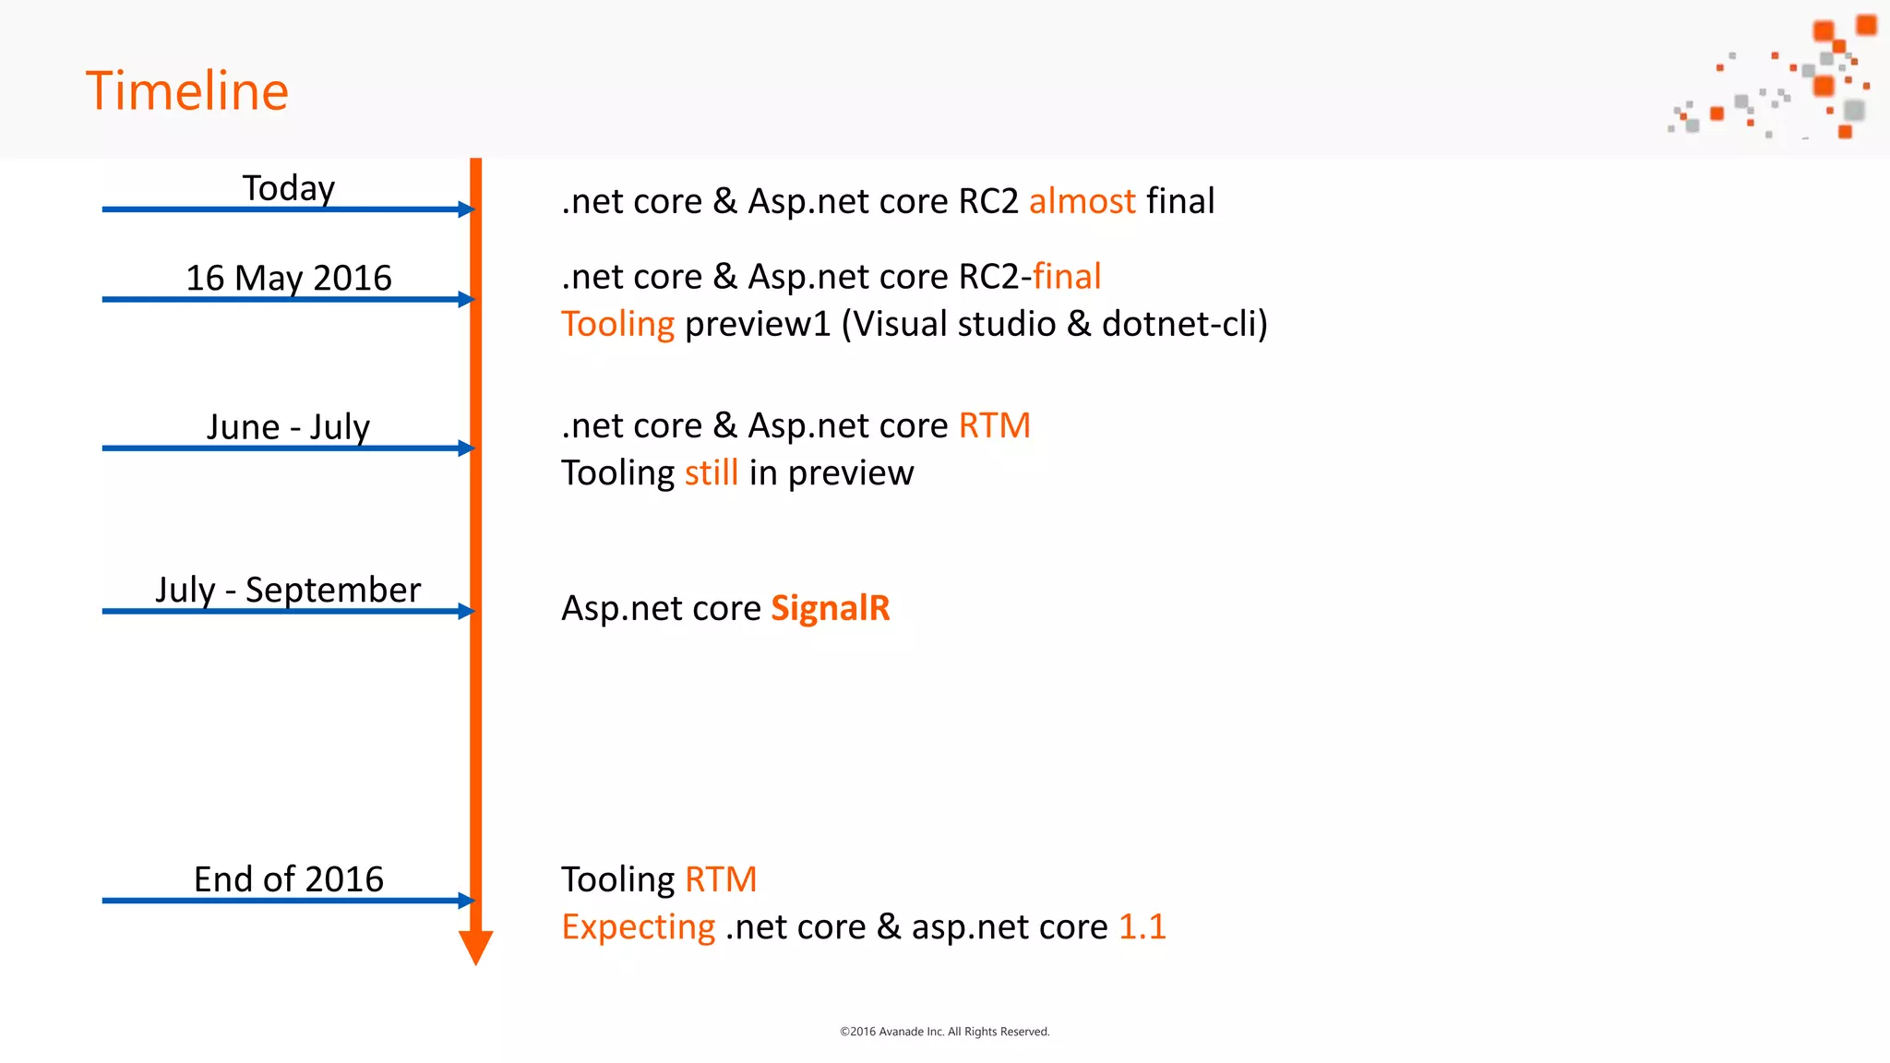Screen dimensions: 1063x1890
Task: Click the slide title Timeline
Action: click(187, 91)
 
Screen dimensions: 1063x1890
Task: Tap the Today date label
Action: click(289, 188)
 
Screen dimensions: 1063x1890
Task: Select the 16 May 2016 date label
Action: click(289, 278)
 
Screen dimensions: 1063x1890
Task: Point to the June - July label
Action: click(289, 426)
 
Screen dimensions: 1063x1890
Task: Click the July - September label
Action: click(289, 590)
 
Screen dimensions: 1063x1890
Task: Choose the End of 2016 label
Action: click(289, 879)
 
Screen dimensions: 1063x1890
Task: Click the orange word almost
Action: click(1082, 201)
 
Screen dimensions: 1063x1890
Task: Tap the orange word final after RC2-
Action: click(1067, 277)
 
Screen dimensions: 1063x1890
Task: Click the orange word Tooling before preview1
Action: click(618, 324)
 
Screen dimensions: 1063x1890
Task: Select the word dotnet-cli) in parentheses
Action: click(1185, 324)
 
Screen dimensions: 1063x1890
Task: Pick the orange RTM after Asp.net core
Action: click(994, 426)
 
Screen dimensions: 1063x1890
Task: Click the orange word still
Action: click(711, 473)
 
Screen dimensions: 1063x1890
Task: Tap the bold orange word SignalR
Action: click(830, 608)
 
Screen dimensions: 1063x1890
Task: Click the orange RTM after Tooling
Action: click(721, 879)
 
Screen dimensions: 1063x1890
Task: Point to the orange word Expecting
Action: click(639, 926)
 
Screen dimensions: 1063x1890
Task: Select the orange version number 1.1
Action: click(1142, 926)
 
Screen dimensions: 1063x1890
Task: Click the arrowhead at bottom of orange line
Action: click(475, 947)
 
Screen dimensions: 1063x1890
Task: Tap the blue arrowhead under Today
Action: click(466, 209)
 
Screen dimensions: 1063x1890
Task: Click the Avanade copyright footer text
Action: click(944, 1032)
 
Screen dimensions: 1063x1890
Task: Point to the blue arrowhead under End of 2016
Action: click(466, 901)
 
